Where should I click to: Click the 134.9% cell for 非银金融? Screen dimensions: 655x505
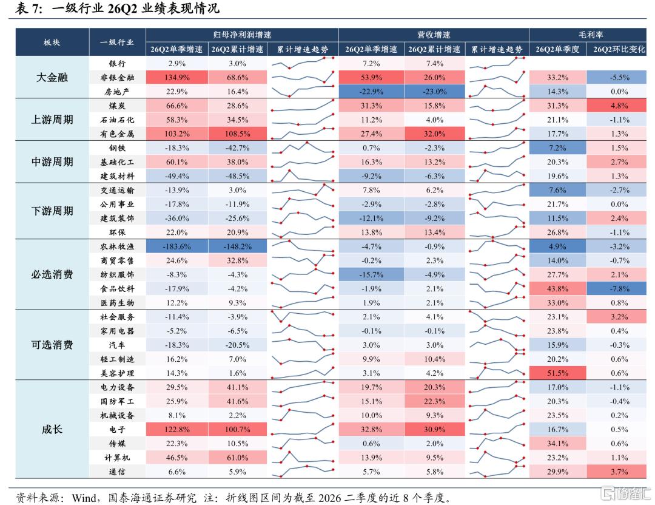tap(176, 77)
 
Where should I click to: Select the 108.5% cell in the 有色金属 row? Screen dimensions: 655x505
tap(237, 134)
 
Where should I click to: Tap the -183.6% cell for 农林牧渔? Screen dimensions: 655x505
tap(176, 246)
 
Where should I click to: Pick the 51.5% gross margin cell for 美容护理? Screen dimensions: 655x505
tap(557, 373)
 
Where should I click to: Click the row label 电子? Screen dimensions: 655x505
tap(117, 429)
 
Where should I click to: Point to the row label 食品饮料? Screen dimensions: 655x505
tap(117, 288)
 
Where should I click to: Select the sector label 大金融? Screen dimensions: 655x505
tap(52, 77)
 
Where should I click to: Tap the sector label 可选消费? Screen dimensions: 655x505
tap(52, 345)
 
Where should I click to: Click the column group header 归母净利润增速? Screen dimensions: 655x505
tap(242, 35)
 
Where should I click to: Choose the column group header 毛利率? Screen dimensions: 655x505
tap(591, 35)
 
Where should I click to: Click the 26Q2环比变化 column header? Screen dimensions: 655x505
tap(619, 49)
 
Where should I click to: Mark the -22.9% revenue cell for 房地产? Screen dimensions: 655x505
tap(371, 92)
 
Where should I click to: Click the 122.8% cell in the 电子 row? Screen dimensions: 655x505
tap(176, 429)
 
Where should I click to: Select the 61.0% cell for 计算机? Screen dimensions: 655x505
tap(237, 457)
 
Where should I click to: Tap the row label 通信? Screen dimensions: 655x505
tap(117, 472)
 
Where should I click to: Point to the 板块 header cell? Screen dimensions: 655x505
tap(52, 42)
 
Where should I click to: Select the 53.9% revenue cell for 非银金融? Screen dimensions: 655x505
tap(371, 77)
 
